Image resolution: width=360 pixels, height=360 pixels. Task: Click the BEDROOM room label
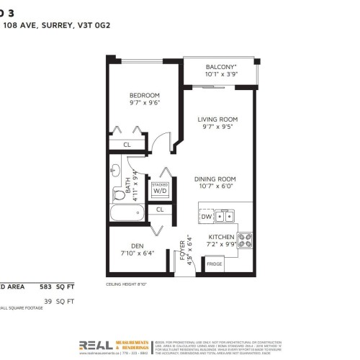(x=145, y=96)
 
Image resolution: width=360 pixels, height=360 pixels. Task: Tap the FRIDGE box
(x=215, y=264)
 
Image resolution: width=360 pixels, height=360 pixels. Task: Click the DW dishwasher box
(x=206, y=215)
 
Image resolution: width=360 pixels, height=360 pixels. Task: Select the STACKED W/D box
(x=160, y=190)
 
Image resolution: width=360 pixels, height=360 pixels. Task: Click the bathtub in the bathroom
(x=127, y=214)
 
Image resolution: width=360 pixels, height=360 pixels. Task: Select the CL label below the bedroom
(x=127, y=144)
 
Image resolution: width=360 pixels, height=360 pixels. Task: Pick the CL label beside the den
(x=160, y=210)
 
